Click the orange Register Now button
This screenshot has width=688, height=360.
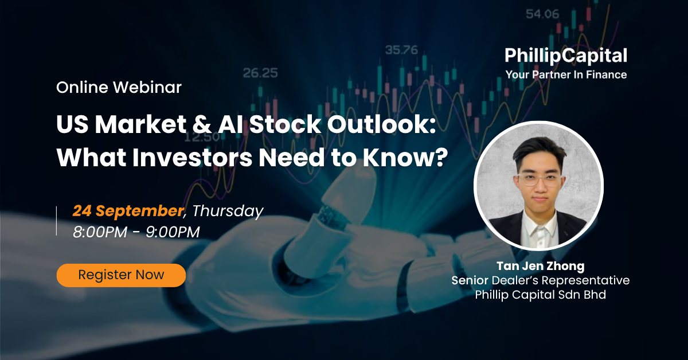pyautogui.click(x=121, y=275)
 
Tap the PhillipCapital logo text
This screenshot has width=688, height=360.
pyautogui.click(x=566, y=56)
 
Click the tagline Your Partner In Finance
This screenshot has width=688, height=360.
pyautogui.click(x=566, y=75)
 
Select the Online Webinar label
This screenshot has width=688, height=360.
pyautogui.click(x=119, y=87)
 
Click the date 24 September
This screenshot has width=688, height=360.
pyautogui.click(x=128, y=211)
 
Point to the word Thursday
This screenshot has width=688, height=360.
pyautogui.click(x=228, y=212)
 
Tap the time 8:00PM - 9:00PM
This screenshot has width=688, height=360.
pyautogui.click(x=136, y=232)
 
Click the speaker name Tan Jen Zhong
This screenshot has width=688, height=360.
pyautogui.click(x=541, y=266)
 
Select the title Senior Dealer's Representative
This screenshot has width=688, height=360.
pyautogui.click(x=541, y=280)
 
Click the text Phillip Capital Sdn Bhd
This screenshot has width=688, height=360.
pyautogui.click(x=541, y=295)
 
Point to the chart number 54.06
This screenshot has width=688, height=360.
pyautogui.click(x=542, y=14)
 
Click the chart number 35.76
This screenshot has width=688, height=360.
pyautogui.click(x=401, y=50)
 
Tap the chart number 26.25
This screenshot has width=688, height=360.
pyautogui.click(x=260, y=73)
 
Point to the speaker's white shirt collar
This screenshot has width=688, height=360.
pyautogui.click(x=540, y=226)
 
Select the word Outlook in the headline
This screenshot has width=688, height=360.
pyautogui.click(x=377, y=124)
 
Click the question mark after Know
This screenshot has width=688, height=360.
pyautogui.click(x=442, y=158)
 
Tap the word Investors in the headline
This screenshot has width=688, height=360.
pyautogui.click(x=193, y=158)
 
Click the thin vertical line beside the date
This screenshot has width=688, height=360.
pyautogui.click(x=57, y=221)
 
